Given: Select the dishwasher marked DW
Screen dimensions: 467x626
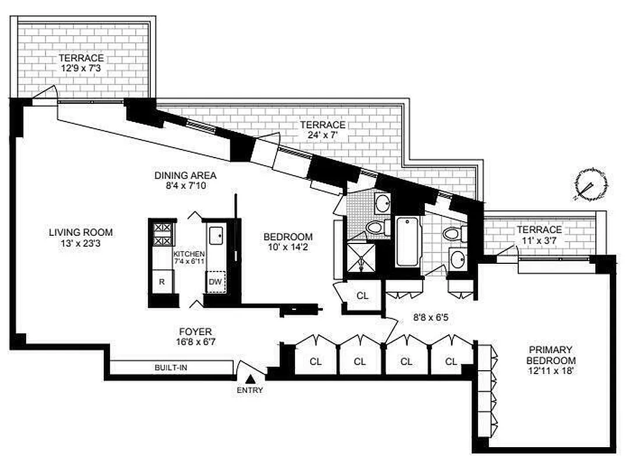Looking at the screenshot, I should [x=217, y=282].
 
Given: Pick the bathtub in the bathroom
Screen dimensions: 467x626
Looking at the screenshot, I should [x=407, y=241].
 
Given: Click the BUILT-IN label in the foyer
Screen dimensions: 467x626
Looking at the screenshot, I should [x=171, y=368].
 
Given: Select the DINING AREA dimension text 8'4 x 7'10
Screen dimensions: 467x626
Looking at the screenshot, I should [x=185, y=186].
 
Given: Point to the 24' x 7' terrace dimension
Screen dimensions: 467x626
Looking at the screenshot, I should [x=322, y=135].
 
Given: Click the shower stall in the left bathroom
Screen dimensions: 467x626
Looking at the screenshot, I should [x=361, y=257].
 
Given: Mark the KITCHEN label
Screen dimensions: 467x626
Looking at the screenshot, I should [x=189, y=254].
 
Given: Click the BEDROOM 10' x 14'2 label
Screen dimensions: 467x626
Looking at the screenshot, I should [x=288, y=242].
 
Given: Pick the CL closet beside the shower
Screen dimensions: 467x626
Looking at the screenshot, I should [x=363, y=295].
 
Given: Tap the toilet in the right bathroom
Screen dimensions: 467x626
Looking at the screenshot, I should [x=452, y=234].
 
